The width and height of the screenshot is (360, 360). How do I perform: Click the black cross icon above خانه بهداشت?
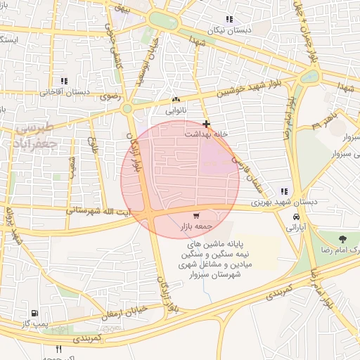click(205, 124)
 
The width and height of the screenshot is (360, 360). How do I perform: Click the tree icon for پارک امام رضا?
click(344, 240)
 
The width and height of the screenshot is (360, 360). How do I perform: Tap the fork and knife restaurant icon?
click(59, 349)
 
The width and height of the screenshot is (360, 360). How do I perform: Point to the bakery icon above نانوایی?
click(176, 100)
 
